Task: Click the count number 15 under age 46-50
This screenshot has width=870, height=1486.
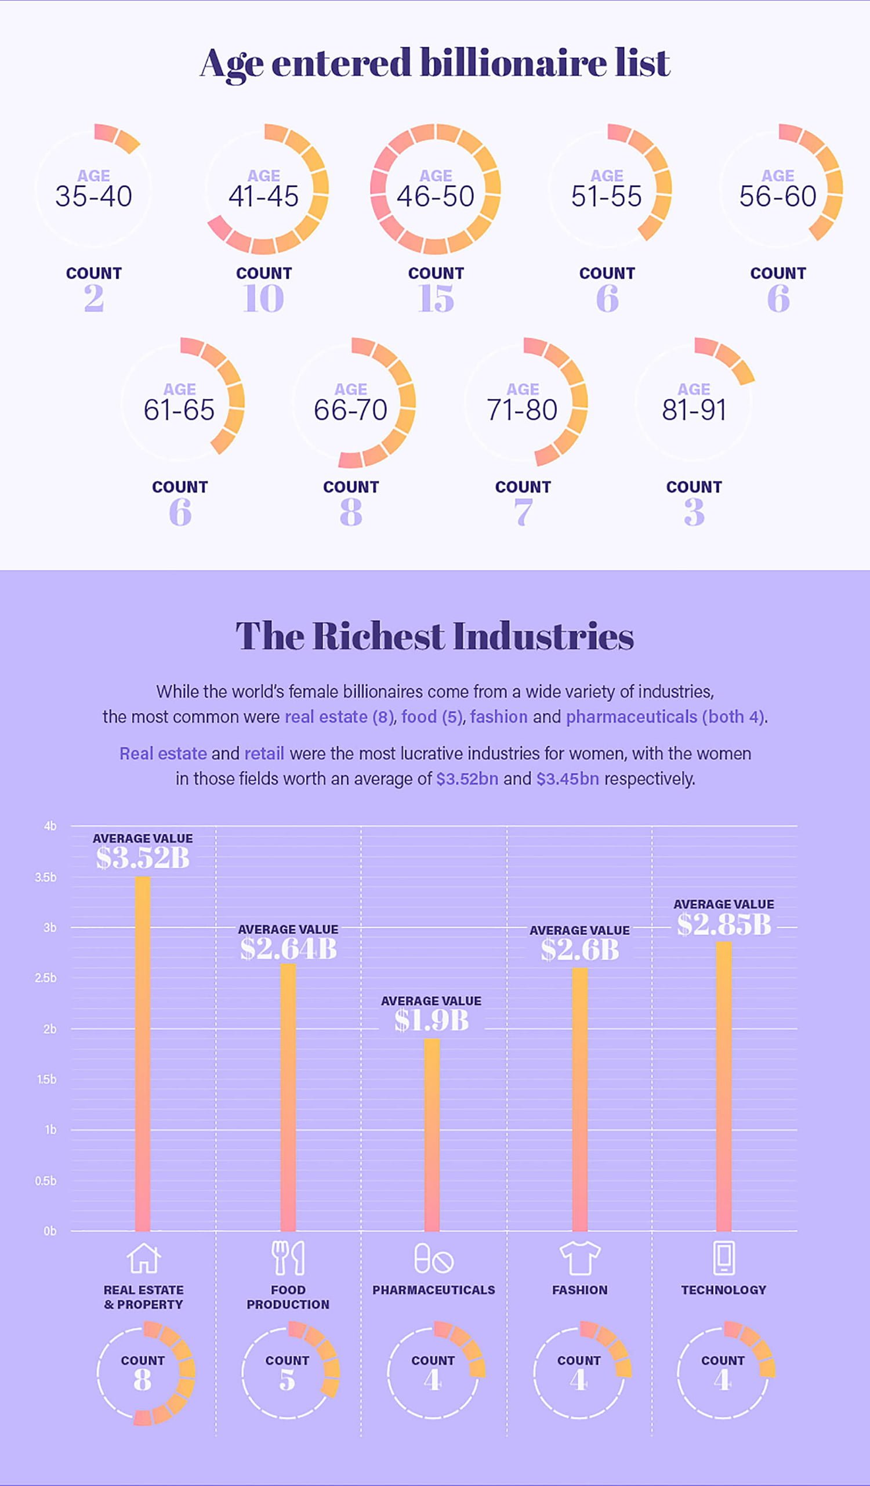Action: click(x=436, y=298)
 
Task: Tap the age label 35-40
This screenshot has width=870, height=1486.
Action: click(x=94, y=196)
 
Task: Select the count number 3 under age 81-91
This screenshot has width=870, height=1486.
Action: click(x=694, y=512)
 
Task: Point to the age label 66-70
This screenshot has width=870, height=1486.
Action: click(x=351, y=409)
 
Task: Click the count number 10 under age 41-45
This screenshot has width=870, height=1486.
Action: click(x=263, y=298)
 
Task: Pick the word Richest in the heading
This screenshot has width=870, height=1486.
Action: click(x=378, y=637)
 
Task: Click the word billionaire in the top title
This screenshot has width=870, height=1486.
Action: click(x=513, y=63)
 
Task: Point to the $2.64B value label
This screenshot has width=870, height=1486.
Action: click(x=288, y=949)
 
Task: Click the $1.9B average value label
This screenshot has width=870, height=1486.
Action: click(x=432, y=1020)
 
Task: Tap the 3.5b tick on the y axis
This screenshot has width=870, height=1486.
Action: click(x=46, y=877)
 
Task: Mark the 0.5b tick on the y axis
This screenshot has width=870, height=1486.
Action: click(x=46, y=1181)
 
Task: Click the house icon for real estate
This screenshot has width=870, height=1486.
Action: click(x=143, y=1258)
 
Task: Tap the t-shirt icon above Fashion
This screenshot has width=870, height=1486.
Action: click(x=579, y=1258)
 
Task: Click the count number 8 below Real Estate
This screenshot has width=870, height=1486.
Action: click(x=143, y=1380)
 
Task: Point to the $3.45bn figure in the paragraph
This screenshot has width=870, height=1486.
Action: click(x=567, y=778)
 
